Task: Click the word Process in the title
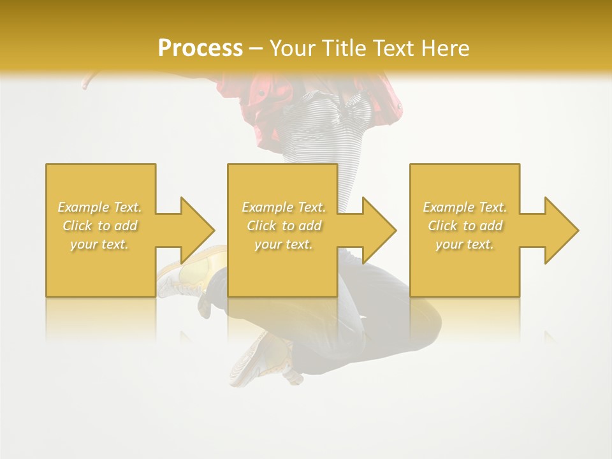coord(200,48)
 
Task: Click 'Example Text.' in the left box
coord(100,207)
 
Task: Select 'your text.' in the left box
coord(100,244)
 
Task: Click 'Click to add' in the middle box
coord(284,226)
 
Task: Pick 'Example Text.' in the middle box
coord(284,207)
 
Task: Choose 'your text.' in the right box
coord(465,244)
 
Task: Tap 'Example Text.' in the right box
coord(465,207)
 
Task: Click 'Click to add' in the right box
coord(465,226)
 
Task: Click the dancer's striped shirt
coord(331,127)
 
